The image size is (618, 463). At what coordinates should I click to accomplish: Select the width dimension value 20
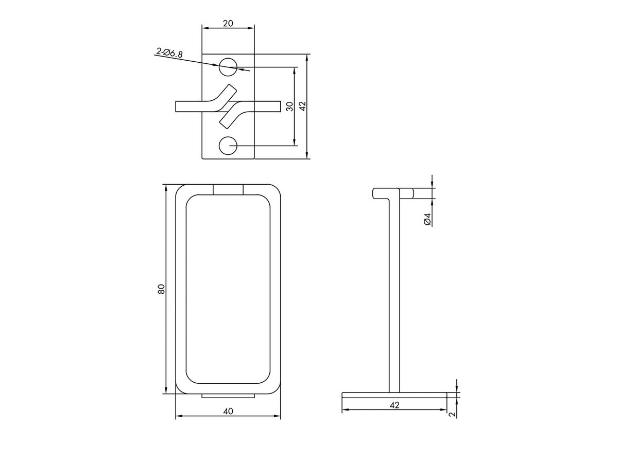pyautogui.click(x=228, y=23)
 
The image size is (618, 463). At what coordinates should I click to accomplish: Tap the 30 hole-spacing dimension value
pyautogui.click(x=289, y=106)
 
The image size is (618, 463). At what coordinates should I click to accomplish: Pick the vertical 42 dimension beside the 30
pyautogui.click(x=302, y=106)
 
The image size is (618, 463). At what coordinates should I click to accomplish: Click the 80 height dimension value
pyautogui.click(x=161, y=289)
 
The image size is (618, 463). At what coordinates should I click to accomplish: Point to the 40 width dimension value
pyautogui.click(x=228, y=411)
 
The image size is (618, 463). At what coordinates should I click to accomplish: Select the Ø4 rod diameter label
pyautogui.click(x=427, y=219)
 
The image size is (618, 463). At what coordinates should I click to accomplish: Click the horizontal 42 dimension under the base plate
pyautogui.click(x=394, y=405)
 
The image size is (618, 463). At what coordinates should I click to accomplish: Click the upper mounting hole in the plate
pyautogui.click(x=228, y=66)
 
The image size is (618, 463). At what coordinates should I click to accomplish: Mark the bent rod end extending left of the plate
pyautogui.click(x=188, y=106)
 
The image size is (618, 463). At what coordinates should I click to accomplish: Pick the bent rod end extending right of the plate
pyautogui.click(x=268, y=106)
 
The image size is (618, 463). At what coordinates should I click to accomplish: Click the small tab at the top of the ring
pyautogui.click(x=228, y=189)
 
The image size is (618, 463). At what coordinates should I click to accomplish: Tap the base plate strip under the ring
pyautogui.click(x=228, y=396)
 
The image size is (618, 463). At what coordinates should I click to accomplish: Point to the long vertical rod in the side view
pyautogui.click(x=393, y=293)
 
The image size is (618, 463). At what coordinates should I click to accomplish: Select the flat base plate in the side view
pyautogui.click(x=394, y=395)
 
